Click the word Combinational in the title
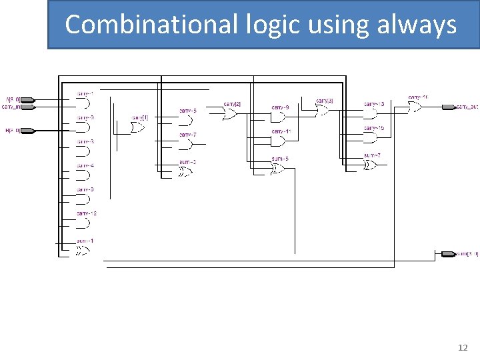150,25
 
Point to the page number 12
463,348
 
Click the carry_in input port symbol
29,107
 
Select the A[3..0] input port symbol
29,100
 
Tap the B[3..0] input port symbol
29,130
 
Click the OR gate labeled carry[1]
139,127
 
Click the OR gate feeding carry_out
416,107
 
